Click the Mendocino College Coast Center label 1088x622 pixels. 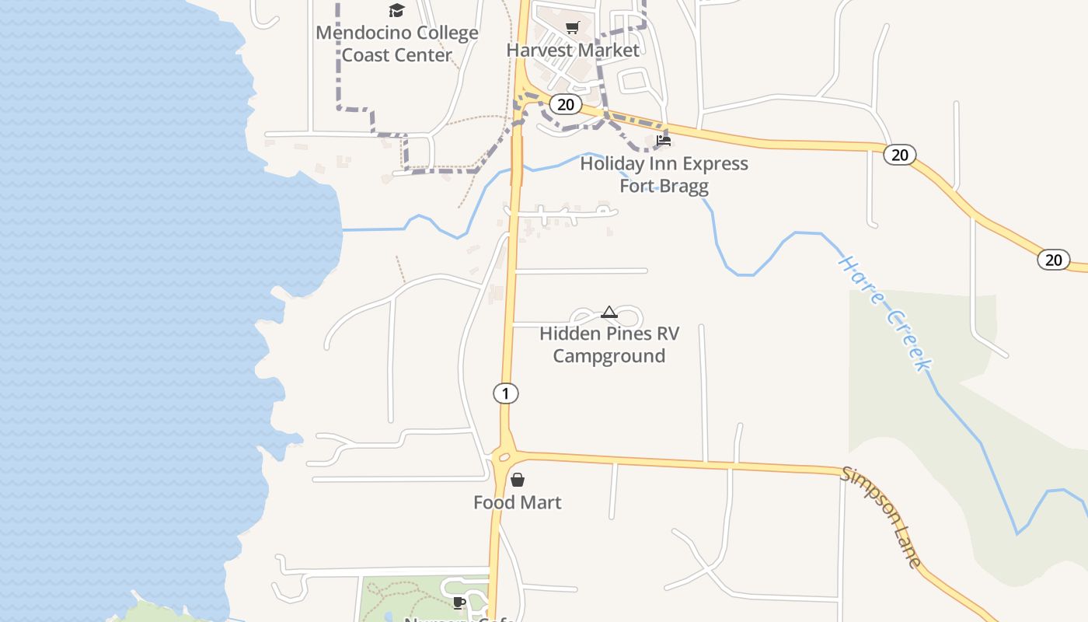click(396, 44)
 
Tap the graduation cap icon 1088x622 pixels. click(397, 10)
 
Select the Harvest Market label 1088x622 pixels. click(573, 50)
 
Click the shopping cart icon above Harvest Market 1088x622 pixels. click(573, 28)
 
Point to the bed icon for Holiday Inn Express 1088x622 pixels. click(664, 141)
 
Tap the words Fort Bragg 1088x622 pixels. click(664, 187)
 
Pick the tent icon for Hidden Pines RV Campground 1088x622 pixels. click(609, 313)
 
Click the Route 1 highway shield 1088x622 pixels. click(505, 393)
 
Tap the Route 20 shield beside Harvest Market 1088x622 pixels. click(565, 104)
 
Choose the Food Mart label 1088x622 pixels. click(517, 502)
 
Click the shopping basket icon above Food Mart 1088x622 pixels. click(518, 480)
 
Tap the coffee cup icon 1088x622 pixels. click(459, 603)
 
